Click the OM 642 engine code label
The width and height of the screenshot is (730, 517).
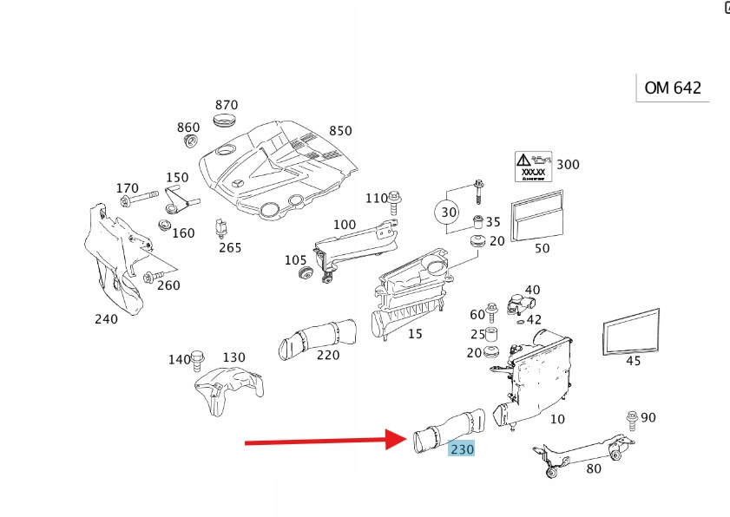coord(673,88)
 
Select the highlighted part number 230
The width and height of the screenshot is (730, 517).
coord(461,448)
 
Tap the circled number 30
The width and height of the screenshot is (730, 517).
coord(448,213)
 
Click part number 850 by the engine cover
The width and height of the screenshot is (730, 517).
coord(340,131)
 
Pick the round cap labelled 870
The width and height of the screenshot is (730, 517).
coord(226,118)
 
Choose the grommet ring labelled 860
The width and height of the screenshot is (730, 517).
coord(189,142)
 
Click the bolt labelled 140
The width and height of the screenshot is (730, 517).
coord(197,357)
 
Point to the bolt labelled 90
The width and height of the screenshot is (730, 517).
coord(631,419)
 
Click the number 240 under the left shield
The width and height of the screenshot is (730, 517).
coord(106,318)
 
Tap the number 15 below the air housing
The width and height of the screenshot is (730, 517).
coord(415,334)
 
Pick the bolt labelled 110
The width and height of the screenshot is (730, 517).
coord(395,203)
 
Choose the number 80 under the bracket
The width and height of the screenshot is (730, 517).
coord(594,469)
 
